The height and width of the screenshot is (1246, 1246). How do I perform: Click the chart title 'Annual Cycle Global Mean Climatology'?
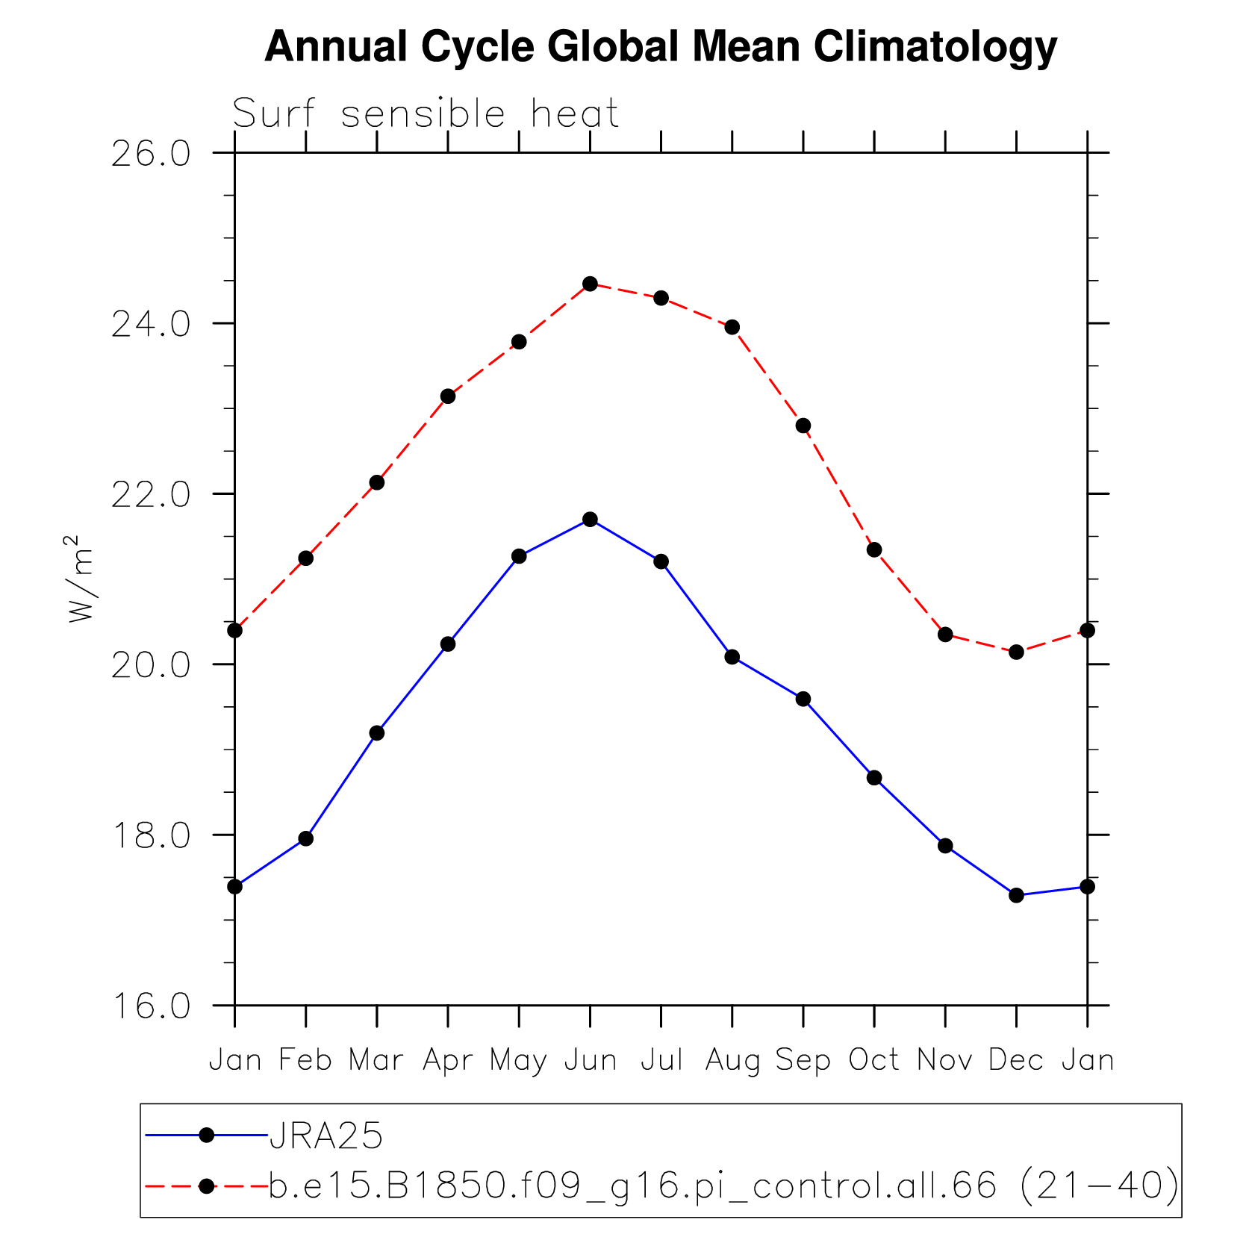[x=661, y=46]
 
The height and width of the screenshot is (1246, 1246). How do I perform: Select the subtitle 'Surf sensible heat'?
[x=426, y=114]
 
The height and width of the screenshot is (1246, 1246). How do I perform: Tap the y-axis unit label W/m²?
[x=81, y=579]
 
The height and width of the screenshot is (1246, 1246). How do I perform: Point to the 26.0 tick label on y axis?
[x=151, y=154]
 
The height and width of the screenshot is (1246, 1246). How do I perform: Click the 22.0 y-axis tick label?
[x=151, y=495]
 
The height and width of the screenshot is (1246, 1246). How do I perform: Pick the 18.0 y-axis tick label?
[x=151, y=836]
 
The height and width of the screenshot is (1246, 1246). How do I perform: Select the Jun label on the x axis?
[x=590, y=1060]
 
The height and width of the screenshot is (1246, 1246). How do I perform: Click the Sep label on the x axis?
[x=803, y=1060]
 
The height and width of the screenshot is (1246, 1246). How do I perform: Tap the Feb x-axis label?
[x=305, y=1060]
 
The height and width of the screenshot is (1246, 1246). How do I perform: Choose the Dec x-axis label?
[x=1015, y=1060]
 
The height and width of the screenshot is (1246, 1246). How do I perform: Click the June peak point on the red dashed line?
[x=590, y=284]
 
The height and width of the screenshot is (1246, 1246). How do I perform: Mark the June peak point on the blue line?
[x=590, y=519]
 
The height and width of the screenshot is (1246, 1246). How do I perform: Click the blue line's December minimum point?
[x=1016, y=895]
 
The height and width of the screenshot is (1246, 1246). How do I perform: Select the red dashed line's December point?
[x=1016, y=652]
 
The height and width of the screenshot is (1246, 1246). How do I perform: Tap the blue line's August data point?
[x=732, y=657]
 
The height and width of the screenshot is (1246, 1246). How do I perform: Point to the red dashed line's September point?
[x=803, y=426]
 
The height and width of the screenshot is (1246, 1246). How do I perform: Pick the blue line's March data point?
[x=377, y=733]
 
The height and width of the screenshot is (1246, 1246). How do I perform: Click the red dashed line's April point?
[x=448, y=396]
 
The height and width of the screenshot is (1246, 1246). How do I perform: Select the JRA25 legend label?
[x=326, y=1136]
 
